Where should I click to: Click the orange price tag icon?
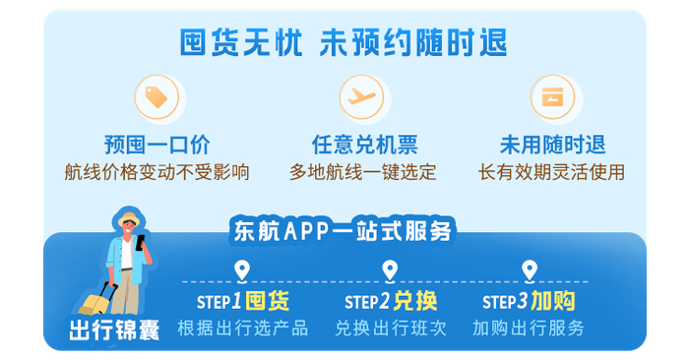(x=157, y=97)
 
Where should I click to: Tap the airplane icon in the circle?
(x=361, y=96)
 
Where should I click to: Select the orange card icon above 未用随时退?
(x=552, y=97)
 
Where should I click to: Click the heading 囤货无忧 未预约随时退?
(x=344, y=42)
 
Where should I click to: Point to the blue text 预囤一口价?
(x=157, y=145)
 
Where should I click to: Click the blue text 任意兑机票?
(x=365, y=145)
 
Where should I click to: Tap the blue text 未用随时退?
(x=552, y=145)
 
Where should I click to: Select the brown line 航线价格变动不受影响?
(x=157, y=172)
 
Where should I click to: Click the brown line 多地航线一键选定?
(x=363, y=172)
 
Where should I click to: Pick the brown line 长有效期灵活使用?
(x=551, y=172)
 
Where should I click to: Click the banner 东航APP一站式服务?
(x=343, y=230)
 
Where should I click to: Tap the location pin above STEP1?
(x=242, y=271)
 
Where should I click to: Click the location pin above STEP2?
(x=390, y=271)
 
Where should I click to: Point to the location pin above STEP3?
(x=530, y=271)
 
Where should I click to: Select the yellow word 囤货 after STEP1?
(x=267, y=301)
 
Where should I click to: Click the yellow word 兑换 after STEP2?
(x=415, y=301)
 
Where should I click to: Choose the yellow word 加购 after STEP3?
(x=553, y=301)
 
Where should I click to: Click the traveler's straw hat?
(x=129, y=218)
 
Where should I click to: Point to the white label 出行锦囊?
(x=114, y=330)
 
